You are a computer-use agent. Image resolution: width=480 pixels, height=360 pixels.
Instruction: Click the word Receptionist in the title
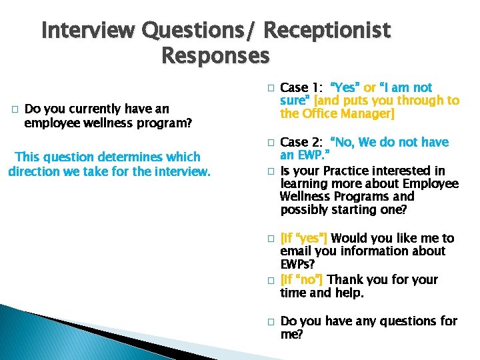pyautogui.click(x=327, y=31)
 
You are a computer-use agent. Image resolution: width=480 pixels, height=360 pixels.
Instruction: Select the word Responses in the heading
pyautogui.click(x=215, y=56)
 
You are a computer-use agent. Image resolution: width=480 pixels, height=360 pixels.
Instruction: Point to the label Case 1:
pyautogui.click(x=303, y=88)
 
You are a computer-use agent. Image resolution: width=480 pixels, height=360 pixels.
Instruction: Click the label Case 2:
pyautogui.click(x=303, y=143)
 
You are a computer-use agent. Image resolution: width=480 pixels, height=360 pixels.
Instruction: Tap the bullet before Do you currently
pyautogui.click(x=14, y=109)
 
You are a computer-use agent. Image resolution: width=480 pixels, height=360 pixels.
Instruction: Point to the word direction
pyautogui.click(x=37, y=171)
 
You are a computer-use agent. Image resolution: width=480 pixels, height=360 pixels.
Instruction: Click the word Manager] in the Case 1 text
pyautogui.click(x=369, y=114)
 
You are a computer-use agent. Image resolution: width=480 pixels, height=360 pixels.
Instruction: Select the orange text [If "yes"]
pyautogui.click(x=304, y=239)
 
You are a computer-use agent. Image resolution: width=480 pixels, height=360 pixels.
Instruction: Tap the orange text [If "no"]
pyautogui.click(x=302, y=280)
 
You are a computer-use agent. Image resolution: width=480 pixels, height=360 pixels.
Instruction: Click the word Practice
pyautogui.click(x=350, y=171)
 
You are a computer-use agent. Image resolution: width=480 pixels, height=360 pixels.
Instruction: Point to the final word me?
pyautogui.click(x=291, y=335)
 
